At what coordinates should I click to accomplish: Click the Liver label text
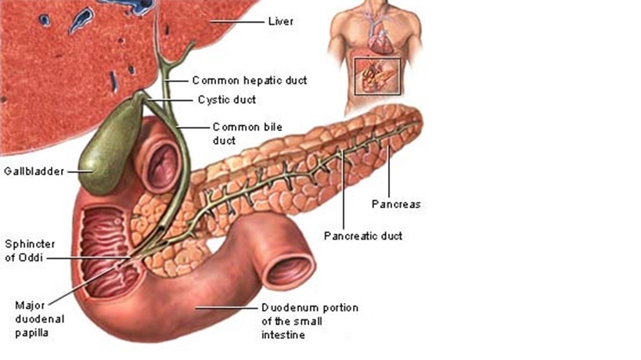[280, 21]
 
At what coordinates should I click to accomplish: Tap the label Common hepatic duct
[249, 80]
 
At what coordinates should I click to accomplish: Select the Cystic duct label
[227, 99]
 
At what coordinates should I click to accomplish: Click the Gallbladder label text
[33, 171]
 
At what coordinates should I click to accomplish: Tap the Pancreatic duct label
[363, 236]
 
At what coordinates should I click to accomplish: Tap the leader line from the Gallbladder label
[77, 171]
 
